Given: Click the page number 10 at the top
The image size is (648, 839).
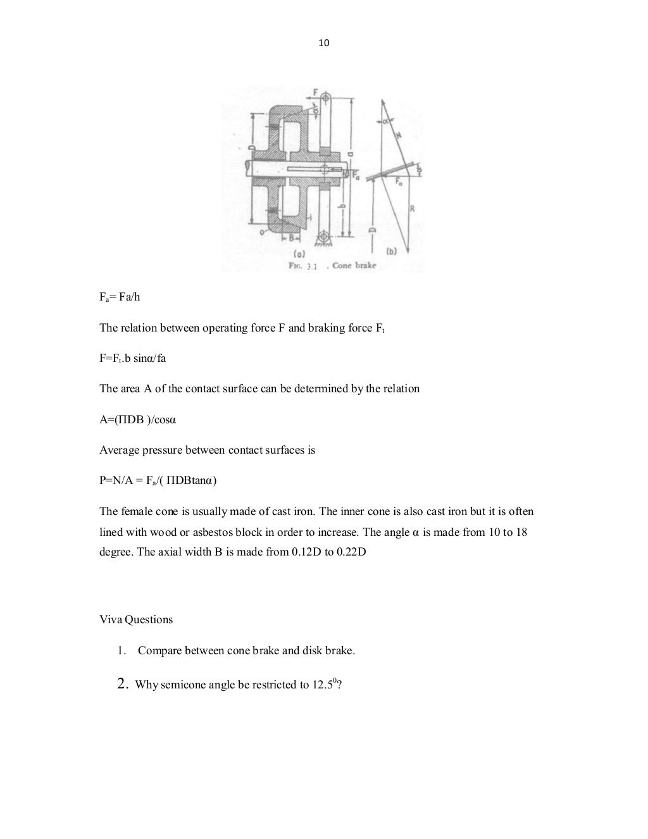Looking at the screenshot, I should (x=323, y=43).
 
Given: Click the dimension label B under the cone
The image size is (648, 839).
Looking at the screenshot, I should (x=292, y=239).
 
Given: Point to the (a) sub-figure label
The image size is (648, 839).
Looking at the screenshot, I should (x=309, y=251).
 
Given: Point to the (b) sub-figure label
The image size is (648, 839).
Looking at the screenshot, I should (x=390, y=251).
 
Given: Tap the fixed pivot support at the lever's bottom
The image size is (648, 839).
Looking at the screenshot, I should (x=326, y=238).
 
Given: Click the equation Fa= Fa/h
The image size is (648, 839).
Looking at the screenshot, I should (x=120, y=297).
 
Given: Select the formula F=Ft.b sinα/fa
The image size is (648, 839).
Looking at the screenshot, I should (x=132, y=359).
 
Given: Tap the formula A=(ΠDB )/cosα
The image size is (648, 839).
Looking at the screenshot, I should (x=133, y=419).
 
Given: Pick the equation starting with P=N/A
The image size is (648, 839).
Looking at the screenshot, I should (x=158, y=481).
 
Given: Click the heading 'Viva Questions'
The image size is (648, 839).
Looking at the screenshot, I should (x=136, y=620).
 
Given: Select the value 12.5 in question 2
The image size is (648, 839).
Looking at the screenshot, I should (x=323, y=685).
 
